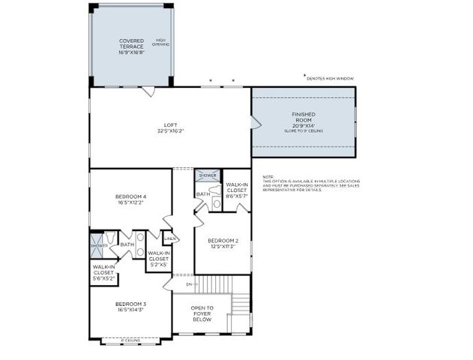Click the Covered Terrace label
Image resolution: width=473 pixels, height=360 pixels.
[x=131, y=46]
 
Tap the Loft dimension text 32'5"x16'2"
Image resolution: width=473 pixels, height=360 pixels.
[x=170, y=131]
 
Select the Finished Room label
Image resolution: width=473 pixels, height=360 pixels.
[x=304, y=117]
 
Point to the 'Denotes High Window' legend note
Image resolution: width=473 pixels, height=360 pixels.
[x=330, y=78]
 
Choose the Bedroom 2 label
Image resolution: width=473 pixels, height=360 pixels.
[x=222, y=242]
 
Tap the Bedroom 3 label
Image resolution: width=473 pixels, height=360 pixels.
[x=130, y=307]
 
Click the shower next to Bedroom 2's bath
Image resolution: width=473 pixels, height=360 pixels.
[x=208, y=175]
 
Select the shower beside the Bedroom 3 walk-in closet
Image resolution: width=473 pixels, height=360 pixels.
[x=99, y=244]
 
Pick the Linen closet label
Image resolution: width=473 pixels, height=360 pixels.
[x=170, y=238]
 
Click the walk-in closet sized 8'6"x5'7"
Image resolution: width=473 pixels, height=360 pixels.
[x=237, y=190]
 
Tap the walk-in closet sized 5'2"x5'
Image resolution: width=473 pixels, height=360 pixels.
[x=158, y=258]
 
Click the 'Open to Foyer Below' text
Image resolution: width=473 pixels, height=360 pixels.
[x=202, y=313]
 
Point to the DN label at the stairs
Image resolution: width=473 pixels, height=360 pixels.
[x=190, y=284]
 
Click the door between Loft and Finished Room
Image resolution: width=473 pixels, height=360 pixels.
[x=254, y=122]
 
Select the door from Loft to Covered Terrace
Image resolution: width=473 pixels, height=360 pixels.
[x=149, y=91]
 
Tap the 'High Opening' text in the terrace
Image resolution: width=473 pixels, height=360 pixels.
[x=161, y=43]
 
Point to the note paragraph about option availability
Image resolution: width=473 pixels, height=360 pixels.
[x=310, y=184]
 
